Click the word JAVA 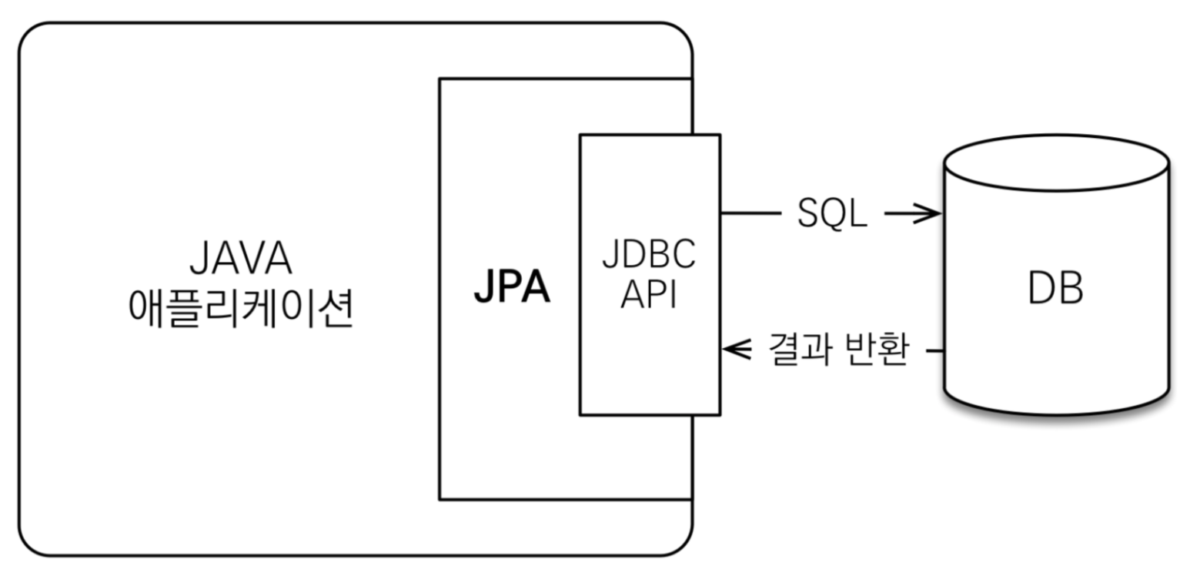240,260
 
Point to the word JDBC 649,256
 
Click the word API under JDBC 648,293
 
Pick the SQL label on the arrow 831,215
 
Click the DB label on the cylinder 1055,290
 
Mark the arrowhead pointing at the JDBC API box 736,351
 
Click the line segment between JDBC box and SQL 750,215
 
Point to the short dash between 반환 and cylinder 935,352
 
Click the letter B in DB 1069,290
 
